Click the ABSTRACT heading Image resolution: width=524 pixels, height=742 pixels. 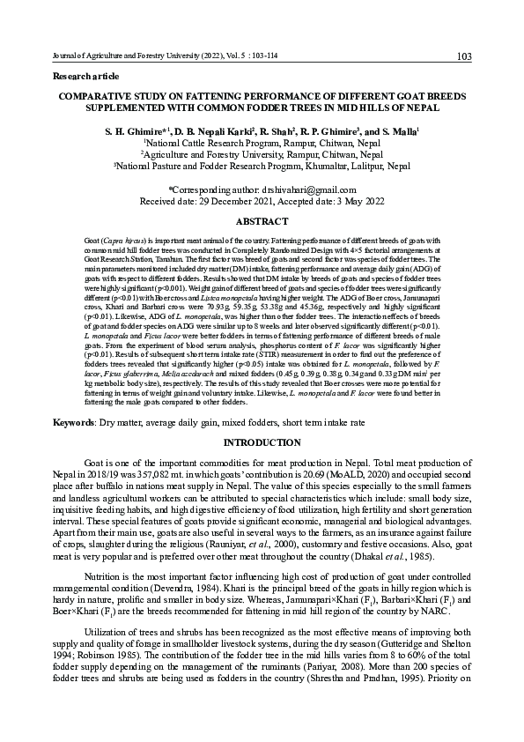(263, 221)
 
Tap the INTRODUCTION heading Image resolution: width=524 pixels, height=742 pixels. (263, 441)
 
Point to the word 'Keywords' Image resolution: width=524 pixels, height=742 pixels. (75, 422)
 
